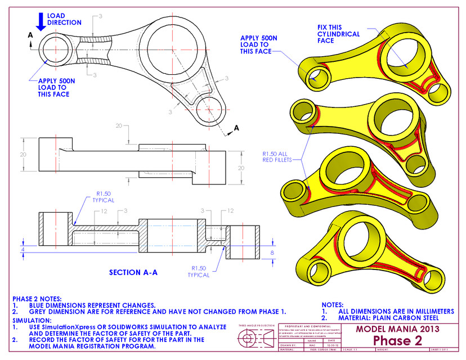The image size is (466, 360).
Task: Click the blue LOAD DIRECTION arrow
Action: coord(41,20)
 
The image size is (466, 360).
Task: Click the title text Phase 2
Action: coord(397,341)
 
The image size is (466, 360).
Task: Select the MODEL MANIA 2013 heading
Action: coord(397,328)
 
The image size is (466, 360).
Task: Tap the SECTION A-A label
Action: coord(133,272)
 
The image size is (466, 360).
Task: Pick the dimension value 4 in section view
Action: coord(23,248)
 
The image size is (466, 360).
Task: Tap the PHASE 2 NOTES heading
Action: coord(37,299)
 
